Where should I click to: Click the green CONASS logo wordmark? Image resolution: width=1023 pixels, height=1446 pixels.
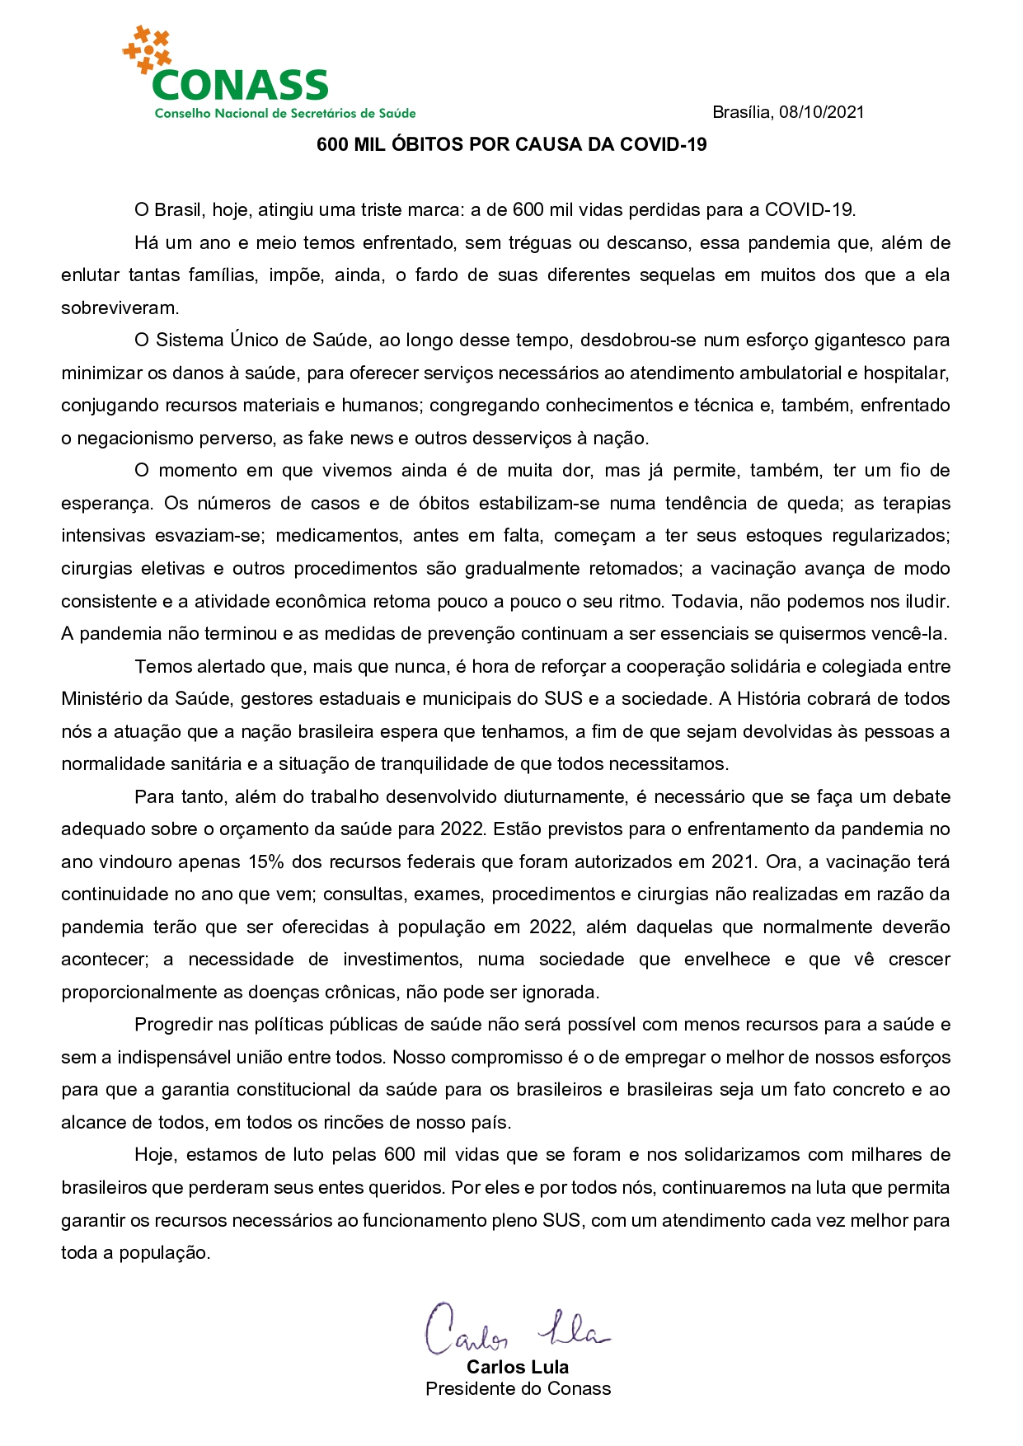coord(240,85)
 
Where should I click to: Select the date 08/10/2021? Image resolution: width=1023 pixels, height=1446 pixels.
coord(822,112)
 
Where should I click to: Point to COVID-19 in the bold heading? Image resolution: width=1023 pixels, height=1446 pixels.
coord(664,144)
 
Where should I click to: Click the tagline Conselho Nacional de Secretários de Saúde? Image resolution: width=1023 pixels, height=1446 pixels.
coord(285,113)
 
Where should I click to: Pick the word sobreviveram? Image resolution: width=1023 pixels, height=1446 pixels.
coord(120,308)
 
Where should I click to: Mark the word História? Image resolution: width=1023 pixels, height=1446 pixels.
coord(768,699)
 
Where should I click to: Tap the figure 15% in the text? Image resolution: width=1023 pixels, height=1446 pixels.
coord(266,861)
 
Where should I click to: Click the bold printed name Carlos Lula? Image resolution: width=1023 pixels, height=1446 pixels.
coord(518,1367)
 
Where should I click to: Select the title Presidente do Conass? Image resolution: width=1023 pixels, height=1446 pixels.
coord(519,1388)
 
